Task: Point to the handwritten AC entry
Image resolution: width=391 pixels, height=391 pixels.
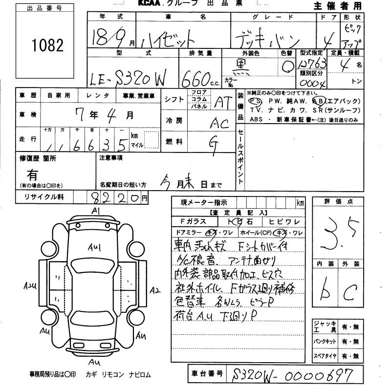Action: (219, 124)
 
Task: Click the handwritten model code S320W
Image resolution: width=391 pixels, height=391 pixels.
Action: (136, 77)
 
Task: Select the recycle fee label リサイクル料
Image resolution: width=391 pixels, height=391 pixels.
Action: (41, 197)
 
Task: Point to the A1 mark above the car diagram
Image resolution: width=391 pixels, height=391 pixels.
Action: (95, 210)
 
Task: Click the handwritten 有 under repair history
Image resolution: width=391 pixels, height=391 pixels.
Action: (32, 174)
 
